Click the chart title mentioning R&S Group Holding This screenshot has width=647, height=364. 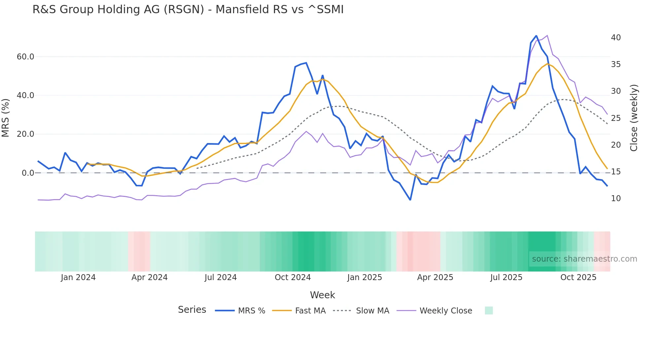click(188, 10)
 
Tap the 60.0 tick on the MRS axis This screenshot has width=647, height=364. click(25, 57)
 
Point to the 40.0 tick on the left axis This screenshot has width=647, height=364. click(25, 95)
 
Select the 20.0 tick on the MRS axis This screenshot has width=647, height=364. click(25, 134)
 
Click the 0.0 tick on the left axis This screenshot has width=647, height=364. click(28, 173)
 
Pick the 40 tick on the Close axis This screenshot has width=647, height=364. click(616, 38)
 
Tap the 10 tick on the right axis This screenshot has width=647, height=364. click(616, 199)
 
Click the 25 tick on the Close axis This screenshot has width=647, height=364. click(616, 118)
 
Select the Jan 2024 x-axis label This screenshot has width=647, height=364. click(78, 277)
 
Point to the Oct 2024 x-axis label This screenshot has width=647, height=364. click(293, 277)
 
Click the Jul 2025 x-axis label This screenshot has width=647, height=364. click(506, 277)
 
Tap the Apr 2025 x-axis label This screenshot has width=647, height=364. click(435, 277)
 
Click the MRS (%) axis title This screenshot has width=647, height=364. click(6, 118)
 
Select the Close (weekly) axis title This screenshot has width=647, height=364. click(634, 118)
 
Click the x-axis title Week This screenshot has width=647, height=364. click(323, 295)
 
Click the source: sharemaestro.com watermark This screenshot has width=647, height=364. click(584, 259)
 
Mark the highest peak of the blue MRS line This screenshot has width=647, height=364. click(536, 36)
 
